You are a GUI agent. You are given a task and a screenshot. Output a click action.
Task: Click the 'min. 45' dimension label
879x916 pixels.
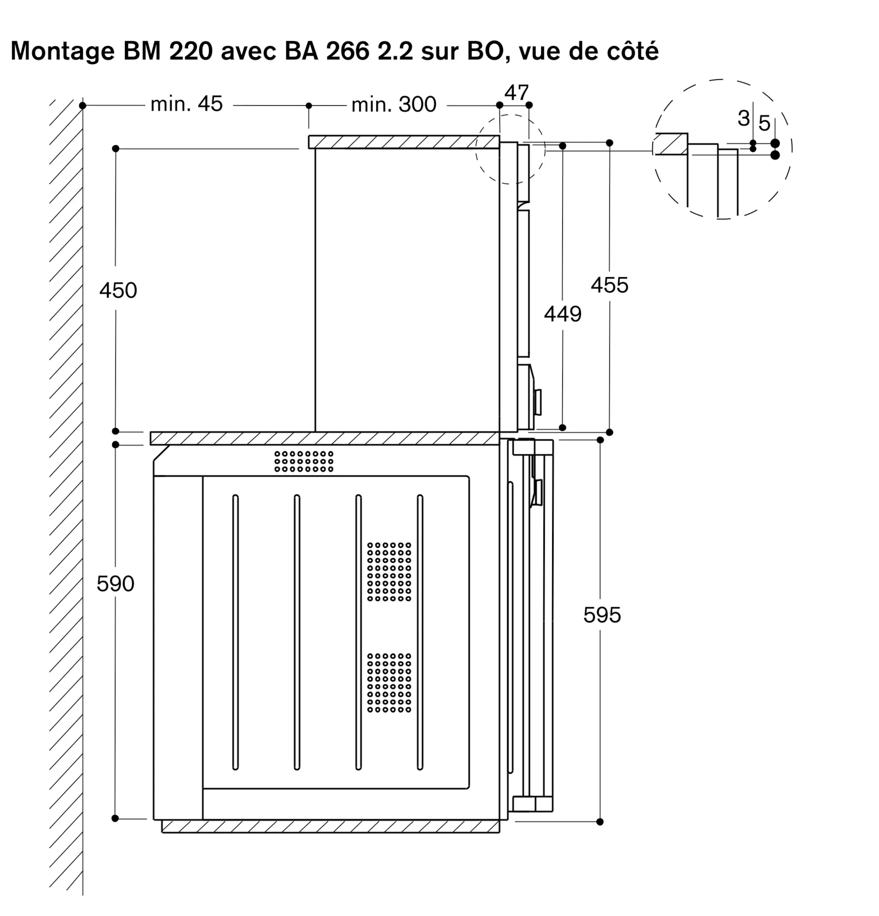tap(186, 104)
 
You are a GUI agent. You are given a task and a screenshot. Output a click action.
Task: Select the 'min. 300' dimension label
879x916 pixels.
tap(393, 105)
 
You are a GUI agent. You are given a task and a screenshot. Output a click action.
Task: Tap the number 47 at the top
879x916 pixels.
tap(516, 93)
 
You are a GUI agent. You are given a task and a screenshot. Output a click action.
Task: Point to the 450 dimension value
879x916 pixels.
tap(118, 290)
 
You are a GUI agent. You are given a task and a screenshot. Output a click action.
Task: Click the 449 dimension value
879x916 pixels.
tap(562, 314)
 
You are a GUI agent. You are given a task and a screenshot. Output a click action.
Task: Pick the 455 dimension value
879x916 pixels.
tap(609, 285)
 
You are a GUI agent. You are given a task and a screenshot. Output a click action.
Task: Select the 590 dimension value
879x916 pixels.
tap(115, 583)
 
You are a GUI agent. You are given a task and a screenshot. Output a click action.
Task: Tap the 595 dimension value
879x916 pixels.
tap(602, 615)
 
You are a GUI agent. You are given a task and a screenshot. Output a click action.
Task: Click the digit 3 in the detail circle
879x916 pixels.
tap(743, 118)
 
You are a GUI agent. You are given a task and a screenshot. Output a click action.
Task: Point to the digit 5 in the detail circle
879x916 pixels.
tap(764, 123)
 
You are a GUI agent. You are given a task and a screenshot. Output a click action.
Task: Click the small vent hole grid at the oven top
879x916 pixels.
tap(304, 461)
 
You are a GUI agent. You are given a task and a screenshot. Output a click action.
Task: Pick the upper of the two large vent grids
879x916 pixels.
tap(389, 572)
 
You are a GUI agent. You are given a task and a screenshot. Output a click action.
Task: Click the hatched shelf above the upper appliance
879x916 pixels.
tap(403, 142)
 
